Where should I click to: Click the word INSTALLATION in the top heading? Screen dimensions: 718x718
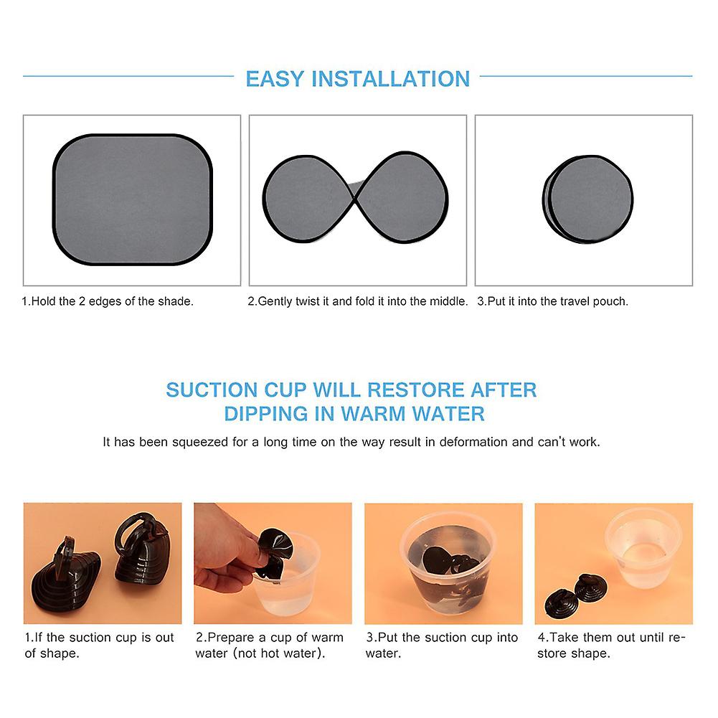coord(391,79)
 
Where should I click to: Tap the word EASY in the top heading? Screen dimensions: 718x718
coord(275,79)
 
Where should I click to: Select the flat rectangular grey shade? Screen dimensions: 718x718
coord(132,199)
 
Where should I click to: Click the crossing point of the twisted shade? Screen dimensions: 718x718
coord(355,198)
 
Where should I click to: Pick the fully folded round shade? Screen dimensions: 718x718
coord(588,199)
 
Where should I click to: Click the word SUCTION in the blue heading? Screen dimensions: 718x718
coord(212,390)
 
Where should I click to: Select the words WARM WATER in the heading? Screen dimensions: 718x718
coord(412,414)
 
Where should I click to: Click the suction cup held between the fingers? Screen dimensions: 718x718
coord(274,549)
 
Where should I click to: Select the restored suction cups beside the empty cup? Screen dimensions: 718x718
coord(576,595)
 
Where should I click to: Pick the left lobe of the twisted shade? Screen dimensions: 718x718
coord(307,198)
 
